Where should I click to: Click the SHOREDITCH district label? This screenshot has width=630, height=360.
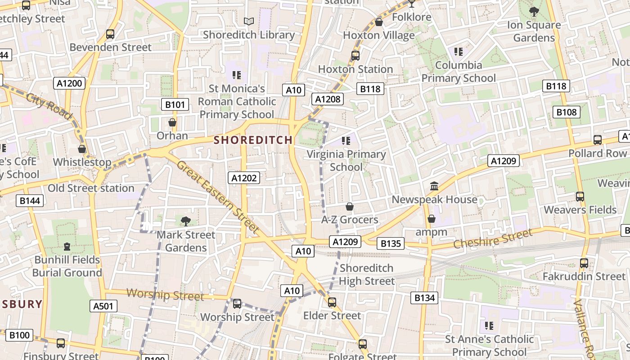click(x=253, y=140)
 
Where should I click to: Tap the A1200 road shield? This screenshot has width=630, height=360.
click(x=70, y=83)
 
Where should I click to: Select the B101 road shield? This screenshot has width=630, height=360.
click(x=175, y=105)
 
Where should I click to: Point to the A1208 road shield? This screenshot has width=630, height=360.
click(x=328, y=99)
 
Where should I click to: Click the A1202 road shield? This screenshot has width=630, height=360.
click(x=244, y=178)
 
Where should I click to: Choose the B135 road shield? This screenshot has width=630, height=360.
click(x=391, y=244)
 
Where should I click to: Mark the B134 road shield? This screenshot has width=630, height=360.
click(x=424, y=297)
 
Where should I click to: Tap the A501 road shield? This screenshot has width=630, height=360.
click(x=103, y=306)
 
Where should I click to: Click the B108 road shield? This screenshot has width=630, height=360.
click(x=566, y=112)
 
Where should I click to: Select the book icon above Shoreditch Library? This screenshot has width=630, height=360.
click(x=248, y=21)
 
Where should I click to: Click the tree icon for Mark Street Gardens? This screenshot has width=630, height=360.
click(x=185, y=221)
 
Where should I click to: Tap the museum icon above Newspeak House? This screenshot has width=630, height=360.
click(x=434, y=186)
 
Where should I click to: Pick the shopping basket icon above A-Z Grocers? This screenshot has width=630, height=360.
click(x=349, y=207)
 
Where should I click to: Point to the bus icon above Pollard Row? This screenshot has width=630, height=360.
click(x=597, y=140)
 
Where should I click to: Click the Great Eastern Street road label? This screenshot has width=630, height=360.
click(x=217, y=196)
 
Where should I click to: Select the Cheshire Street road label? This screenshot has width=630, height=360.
click(x=492, y=239)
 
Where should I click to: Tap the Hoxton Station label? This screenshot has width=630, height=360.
click(x=355, y=69)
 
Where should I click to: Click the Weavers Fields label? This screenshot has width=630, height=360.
click(x=580, y=210)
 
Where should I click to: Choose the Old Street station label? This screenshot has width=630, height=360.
click(x=91, y=188)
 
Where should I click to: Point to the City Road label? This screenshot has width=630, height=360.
click(x=49, y=106)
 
